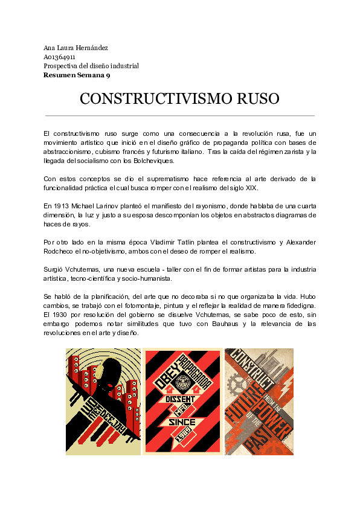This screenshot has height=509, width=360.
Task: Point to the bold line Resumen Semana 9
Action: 76,75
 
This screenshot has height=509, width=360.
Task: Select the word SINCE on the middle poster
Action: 182,422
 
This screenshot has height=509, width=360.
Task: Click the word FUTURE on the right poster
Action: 237,417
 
